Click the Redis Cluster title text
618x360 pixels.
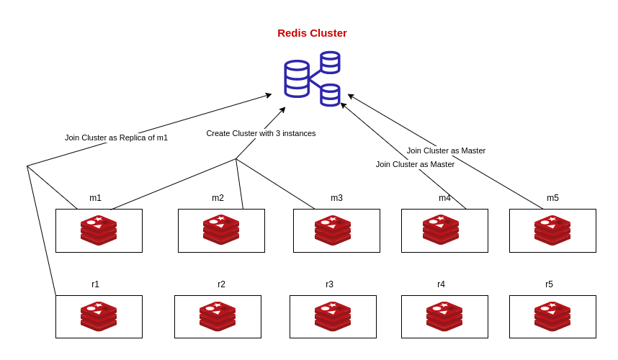(312, 33)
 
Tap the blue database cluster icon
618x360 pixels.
(312, 78)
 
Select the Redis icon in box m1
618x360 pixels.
(99, 230)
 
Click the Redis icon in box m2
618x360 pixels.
(221, 230)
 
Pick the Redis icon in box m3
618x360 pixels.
(333, 230)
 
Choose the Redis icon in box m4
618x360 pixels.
(441, 230)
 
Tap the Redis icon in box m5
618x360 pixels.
(552, 230)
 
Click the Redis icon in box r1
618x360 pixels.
(99, 317)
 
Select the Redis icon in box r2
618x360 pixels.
(218, 317)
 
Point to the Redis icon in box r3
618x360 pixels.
(333, 317)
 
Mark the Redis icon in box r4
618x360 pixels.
(444, 317)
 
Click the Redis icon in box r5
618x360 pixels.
(552, 317)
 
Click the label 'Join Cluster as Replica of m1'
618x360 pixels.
(116, 138)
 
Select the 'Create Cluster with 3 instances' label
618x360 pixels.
(261, 133)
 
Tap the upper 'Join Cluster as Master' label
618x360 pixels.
(446, 150)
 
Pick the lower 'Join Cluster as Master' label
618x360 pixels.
(415, 164)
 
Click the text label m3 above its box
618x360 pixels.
(336, 198)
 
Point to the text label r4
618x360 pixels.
(441, 284)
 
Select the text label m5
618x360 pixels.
(552, 198)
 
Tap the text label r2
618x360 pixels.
(221, 284)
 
